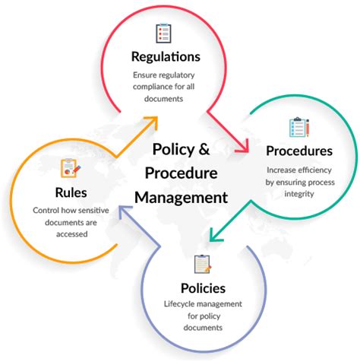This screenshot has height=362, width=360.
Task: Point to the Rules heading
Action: (71, 191)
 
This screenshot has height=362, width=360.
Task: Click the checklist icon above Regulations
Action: (164, 32)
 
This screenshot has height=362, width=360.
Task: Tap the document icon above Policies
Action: (201, 264)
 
